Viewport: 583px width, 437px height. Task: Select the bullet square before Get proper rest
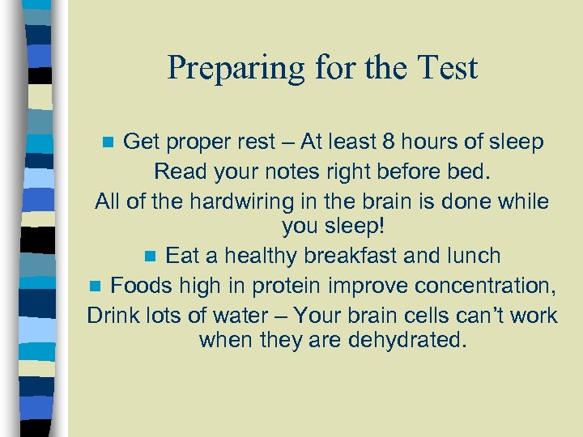111,144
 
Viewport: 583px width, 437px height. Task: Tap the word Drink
113,315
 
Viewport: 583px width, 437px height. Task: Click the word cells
419,315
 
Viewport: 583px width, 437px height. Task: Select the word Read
177,172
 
